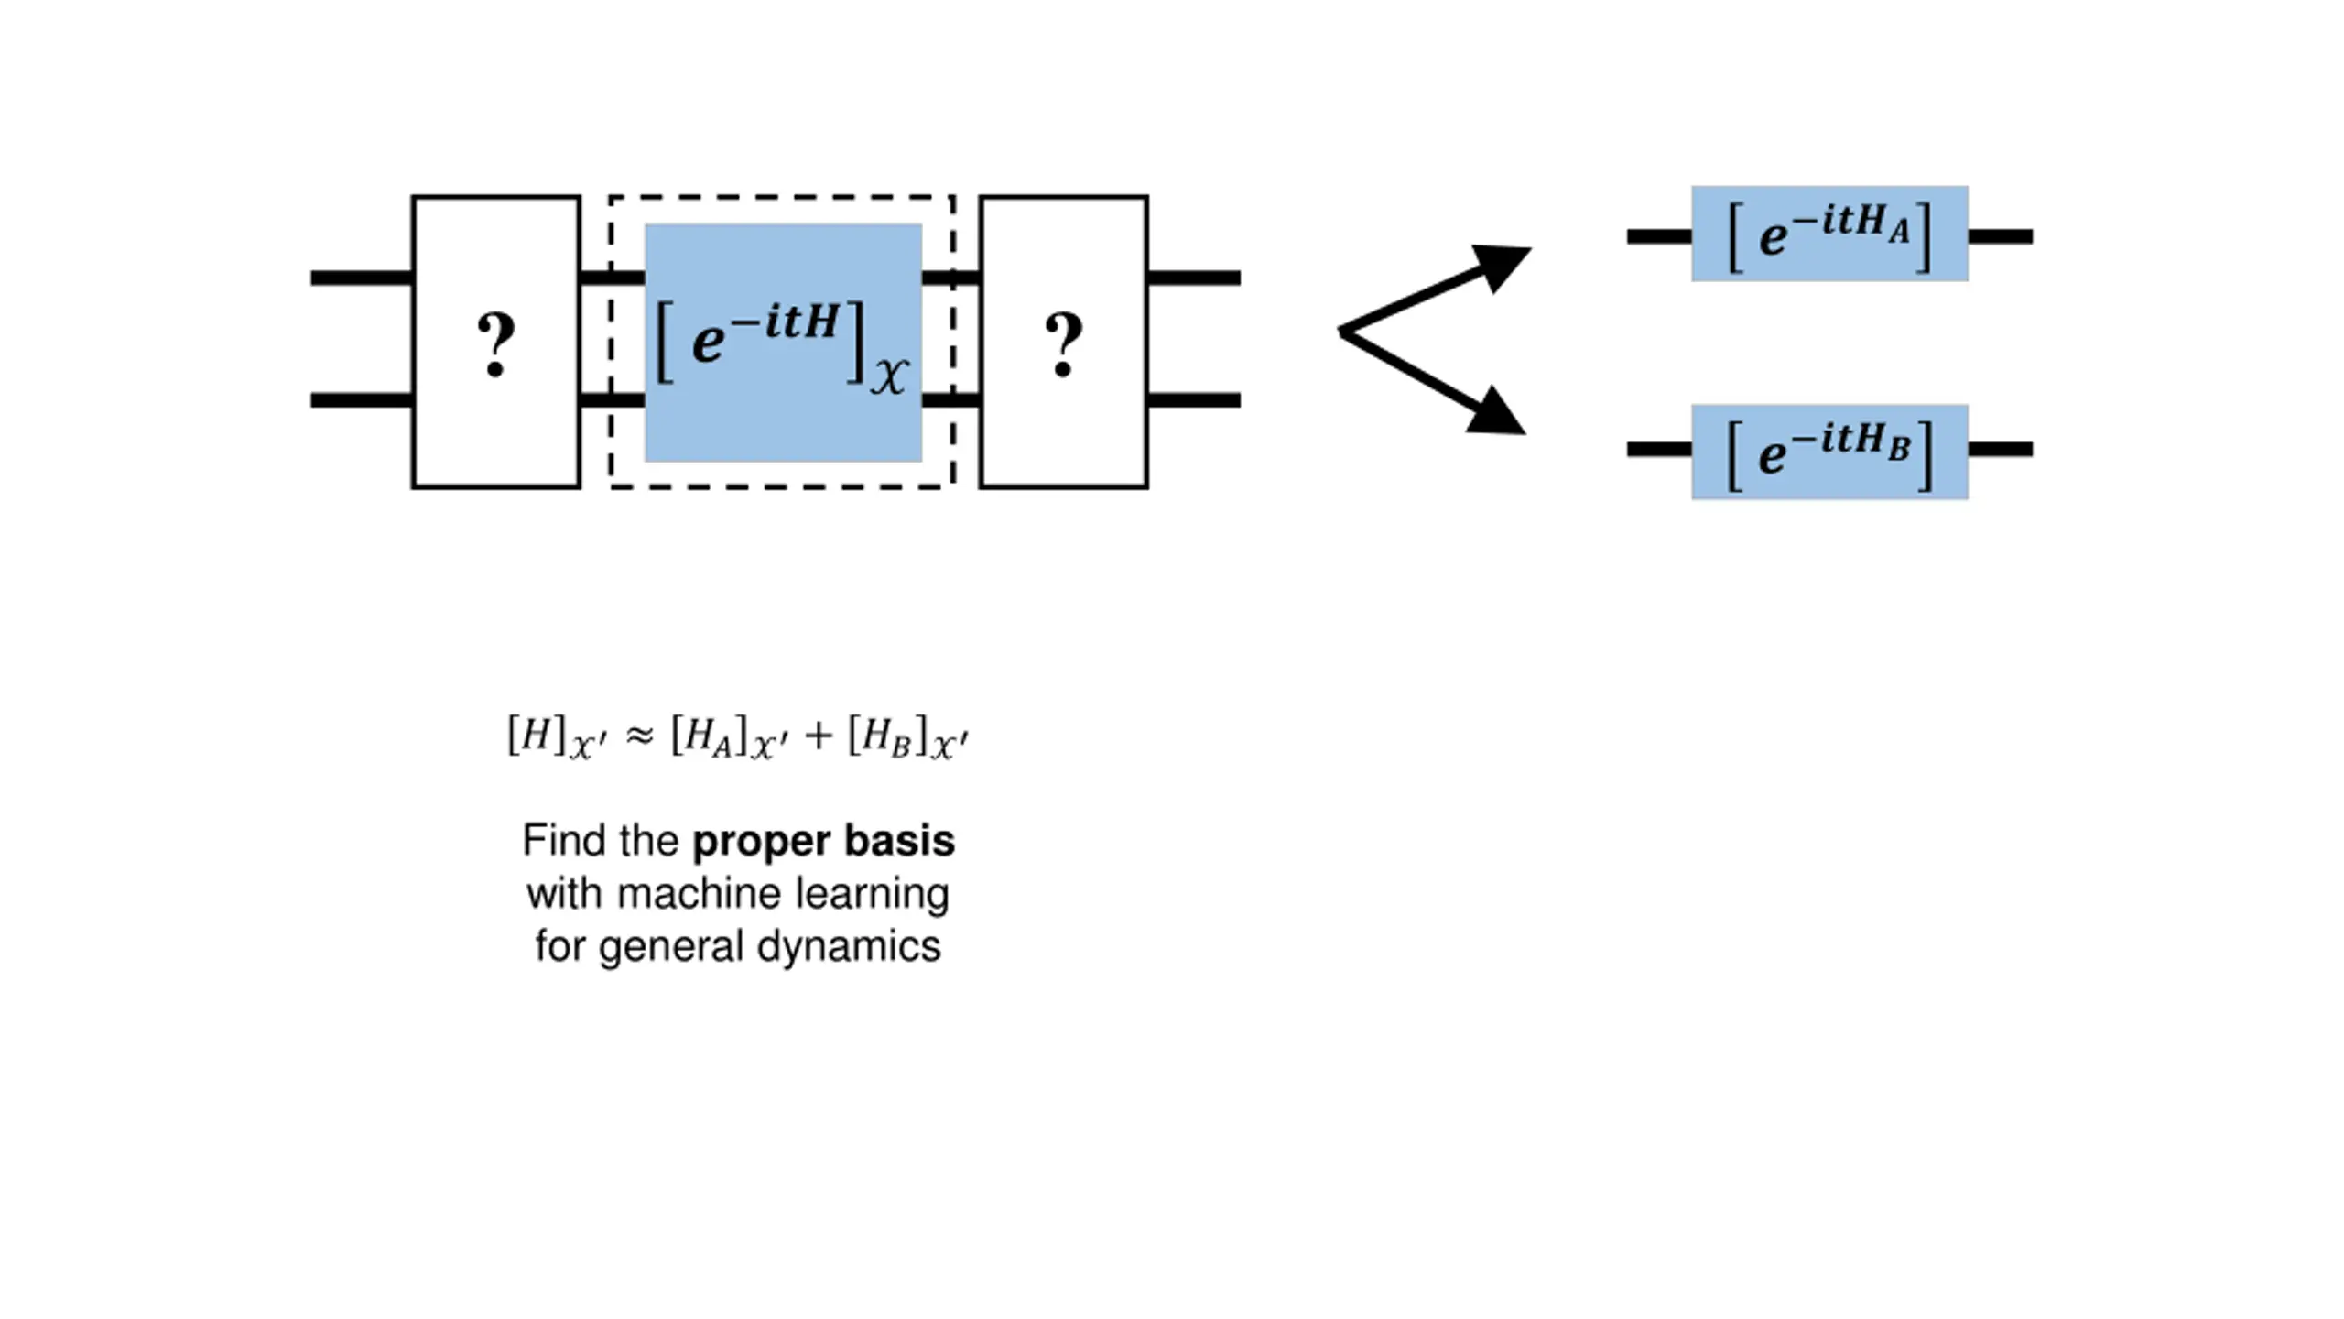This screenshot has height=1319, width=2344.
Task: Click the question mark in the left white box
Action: point(496,344)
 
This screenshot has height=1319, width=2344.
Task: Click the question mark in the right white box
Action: point(1063,344)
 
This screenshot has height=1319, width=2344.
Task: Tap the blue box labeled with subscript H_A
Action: point(1829,234)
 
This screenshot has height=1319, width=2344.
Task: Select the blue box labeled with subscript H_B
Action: point(1829,452)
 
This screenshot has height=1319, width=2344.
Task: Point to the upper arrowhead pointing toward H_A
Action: point(1502,266)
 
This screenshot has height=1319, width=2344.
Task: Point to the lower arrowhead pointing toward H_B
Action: point(1498,412)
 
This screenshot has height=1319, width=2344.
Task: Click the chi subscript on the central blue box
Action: point(889,376)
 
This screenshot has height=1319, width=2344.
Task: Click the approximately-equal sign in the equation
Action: point(638,736)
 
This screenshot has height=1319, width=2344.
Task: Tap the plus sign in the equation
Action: point(818,736)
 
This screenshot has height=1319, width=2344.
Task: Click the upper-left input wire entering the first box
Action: point(362,278)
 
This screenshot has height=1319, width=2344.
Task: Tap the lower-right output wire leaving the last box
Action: point(1194,400)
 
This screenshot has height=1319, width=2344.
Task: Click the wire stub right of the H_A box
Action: point(2001,236)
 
